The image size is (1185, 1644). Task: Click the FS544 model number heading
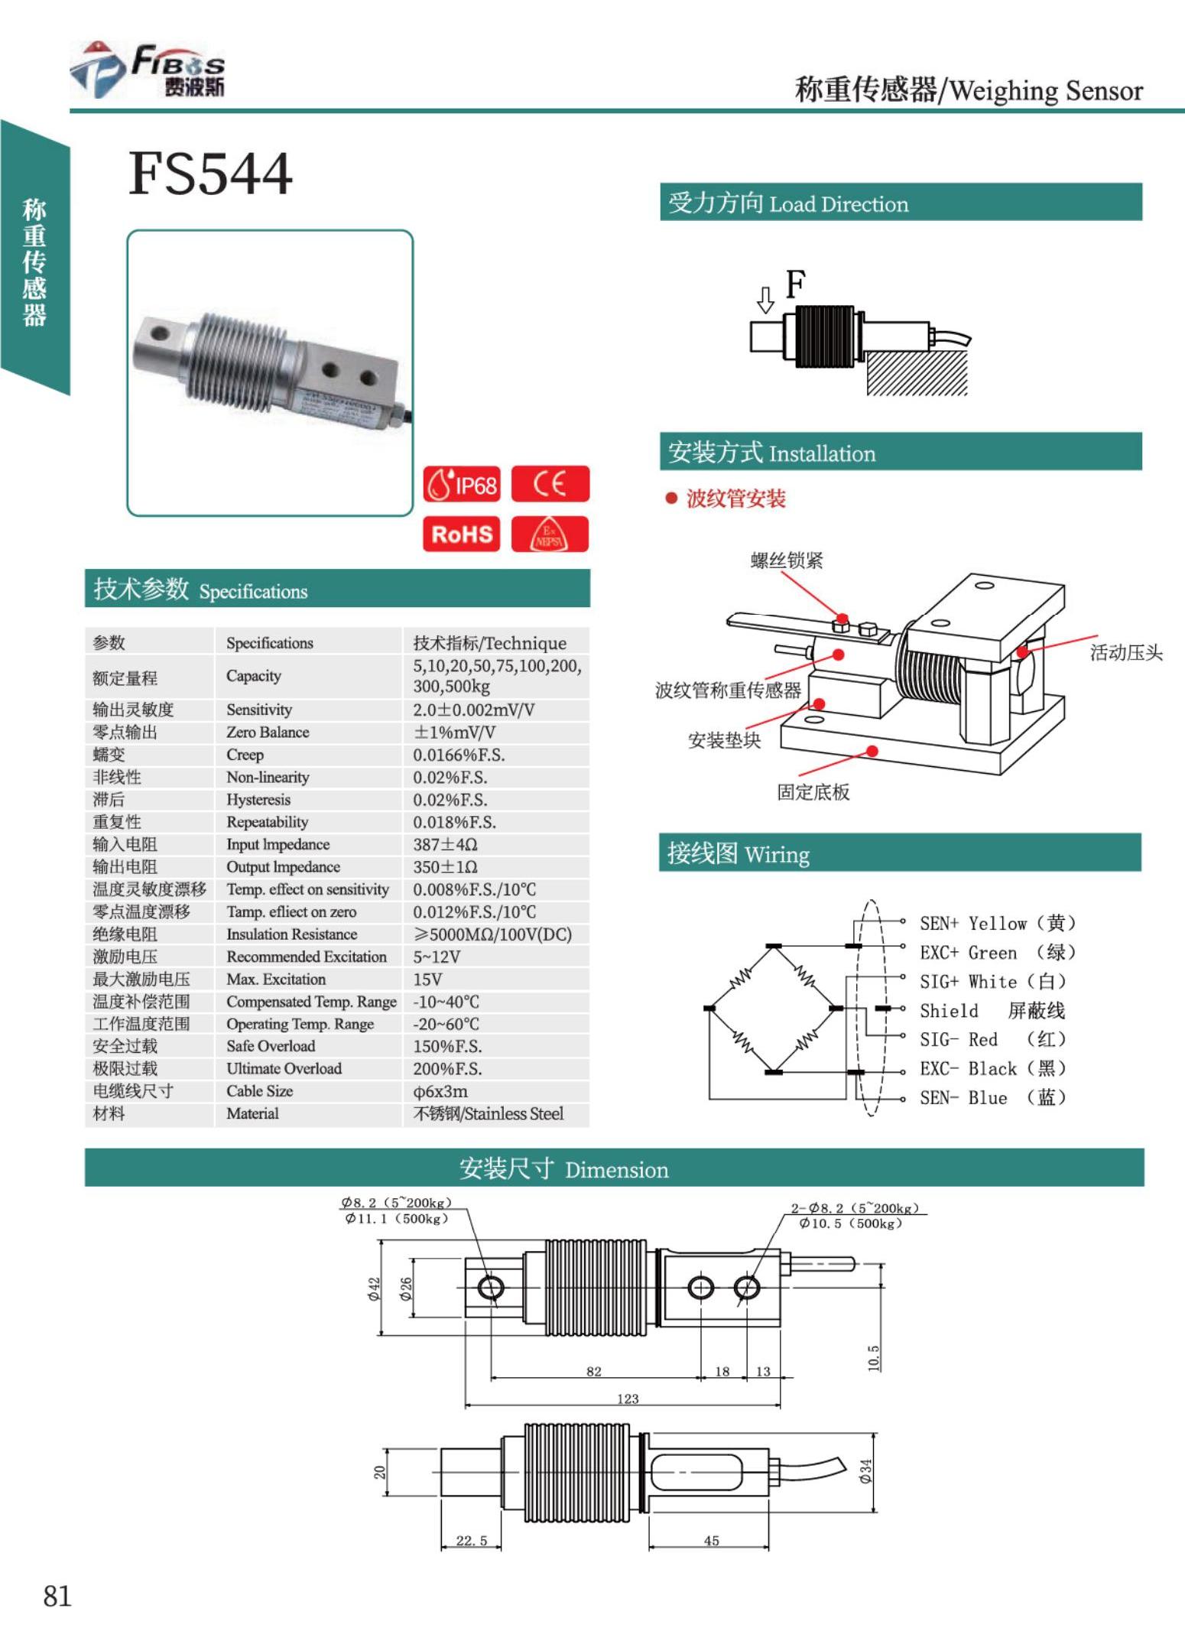[210, 174]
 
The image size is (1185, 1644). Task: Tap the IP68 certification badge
[462, 484]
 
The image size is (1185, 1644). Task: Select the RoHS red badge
[462, 534]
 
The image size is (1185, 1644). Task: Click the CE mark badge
[550, 484]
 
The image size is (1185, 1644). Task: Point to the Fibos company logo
[149, 70]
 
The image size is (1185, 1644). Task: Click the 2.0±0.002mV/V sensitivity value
[473, 710]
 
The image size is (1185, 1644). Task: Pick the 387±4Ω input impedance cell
[445, 844]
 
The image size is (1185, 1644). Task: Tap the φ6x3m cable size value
[440, 1091]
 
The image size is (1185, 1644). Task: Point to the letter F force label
[795, 284]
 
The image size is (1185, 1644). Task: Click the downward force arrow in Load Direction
[765, 300]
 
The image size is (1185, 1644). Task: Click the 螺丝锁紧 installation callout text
[786, 560]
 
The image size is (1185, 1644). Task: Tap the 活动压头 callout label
[1125, 652]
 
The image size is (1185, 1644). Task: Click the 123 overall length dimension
[627, 1399]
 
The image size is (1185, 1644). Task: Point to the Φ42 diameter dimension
[374, 1288]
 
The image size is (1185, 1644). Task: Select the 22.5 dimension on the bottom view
[471, 1540]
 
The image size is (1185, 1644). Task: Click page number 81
[57, 1595]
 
